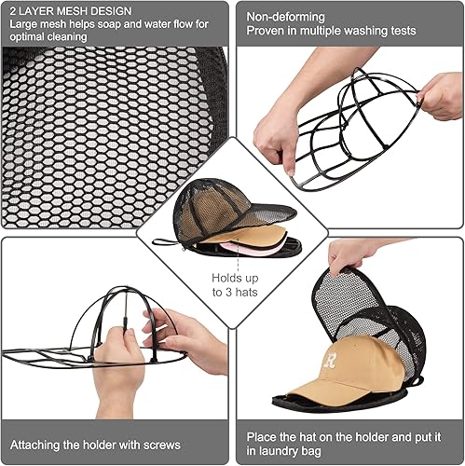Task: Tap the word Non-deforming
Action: [285, 17]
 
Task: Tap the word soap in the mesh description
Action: [109, 24]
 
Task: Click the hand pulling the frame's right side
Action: [441, 96]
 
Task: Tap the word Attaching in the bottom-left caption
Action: [34, 445]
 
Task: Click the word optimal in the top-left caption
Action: [26, 37]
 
